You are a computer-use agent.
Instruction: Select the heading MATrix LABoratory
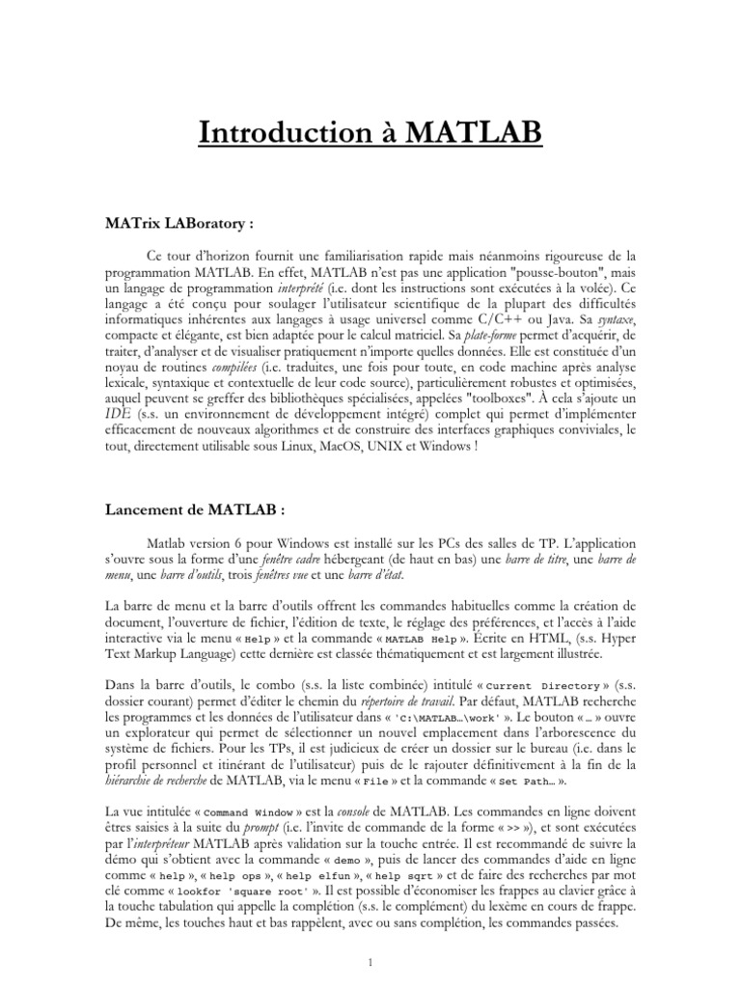coord(183,222)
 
